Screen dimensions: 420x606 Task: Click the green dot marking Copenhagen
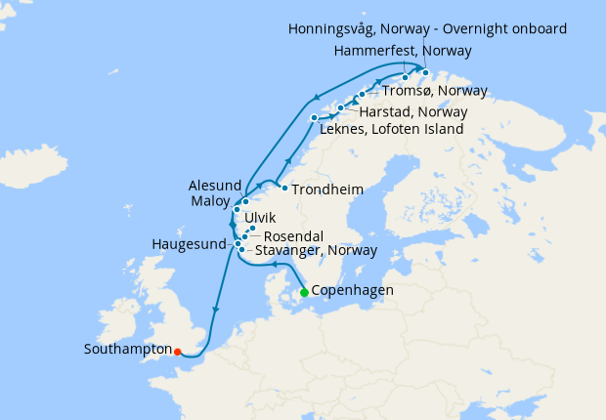pyautogui.click(x=304, y=292)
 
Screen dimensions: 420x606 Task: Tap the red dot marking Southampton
pyautogui.click(x=177, y=352)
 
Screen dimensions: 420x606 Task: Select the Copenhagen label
pyautogui.click(x=353, y=291)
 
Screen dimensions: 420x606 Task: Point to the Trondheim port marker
pyautogui.click(x=283, y=188)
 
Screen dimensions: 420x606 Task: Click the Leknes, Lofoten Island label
pyautogui.click(x=393, y=128)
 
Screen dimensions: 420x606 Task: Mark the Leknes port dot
pyautogui.click(x=314, y=118)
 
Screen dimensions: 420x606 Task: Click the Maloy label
pyautogui.click(x=210, y=202)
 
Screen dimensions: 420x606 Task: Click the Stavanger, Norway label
pyautogui.click(x=315, y=251)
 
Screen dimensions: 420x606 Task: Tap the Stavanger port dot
pyautogui.click(x=241, y=250)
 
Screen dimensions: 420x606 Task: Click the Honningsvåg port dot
pyautogui.click(x=426, y=72)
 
